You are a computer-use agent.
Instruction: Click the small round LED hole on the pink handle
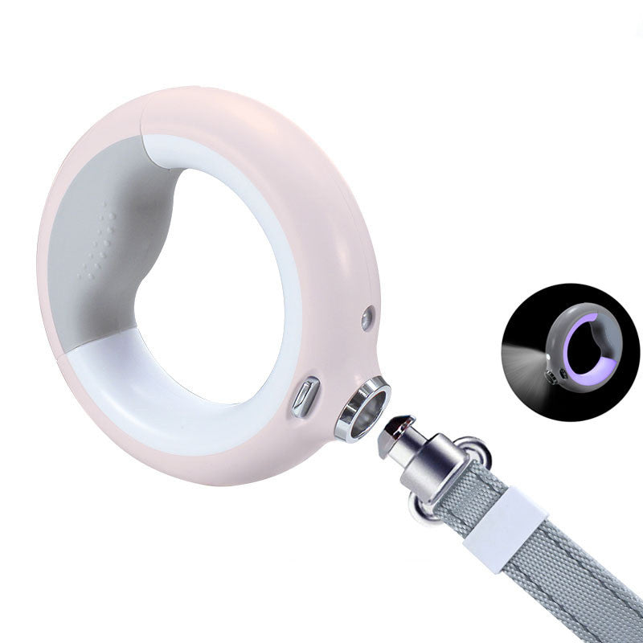(367, 318)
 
